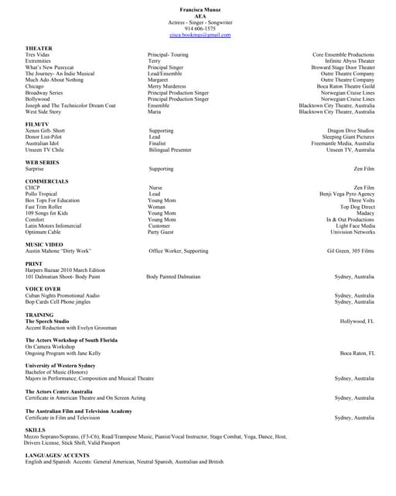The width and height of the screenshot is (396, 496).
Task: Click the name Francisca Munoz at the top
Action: click(x=200, y=8)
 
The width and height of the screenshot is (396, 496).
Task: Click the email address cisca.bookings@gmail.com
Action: click(x=200, y=35)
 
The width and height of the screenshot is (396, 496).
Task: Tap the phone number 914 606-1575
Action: click(x=200, y=29)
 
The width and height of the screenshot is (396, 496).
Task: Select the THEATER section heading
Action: click(x=39, y=49)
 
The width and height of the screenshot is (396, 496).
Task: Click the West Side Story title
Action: click(x=43, y=112)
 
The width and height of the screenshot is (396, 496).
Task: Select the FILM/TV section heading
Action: click(x=38, y=124)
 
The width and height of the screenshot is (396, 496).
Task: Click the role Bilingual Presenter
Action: click(x=170, y=150)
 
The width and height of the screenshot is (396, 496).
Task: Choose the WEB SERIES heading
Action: click(x=42, y=162)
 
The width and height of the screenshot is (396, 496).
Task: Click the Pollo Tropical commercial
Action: click(x=41, y=194)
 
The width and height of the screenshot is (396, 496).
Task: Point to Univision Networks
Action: click(x=352, y=232)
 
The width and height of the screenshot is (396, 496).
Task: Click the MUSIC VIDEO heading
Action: click(x=43, y=244)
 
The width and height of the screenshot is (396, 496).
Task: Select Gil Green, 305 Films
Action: click(x=350, y=251)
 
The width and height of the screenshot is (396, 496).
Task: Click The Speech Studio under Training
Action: click(x=47, y=321)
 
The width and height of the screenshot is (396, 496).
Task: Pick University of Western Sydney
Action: click(x=60, y=365)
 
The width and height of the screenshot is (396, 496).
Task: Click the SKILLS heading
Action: click(x=35, y=429)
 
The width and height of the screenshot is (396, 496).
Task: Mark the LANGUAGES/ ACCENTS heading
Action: click(x=57, y=455)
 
